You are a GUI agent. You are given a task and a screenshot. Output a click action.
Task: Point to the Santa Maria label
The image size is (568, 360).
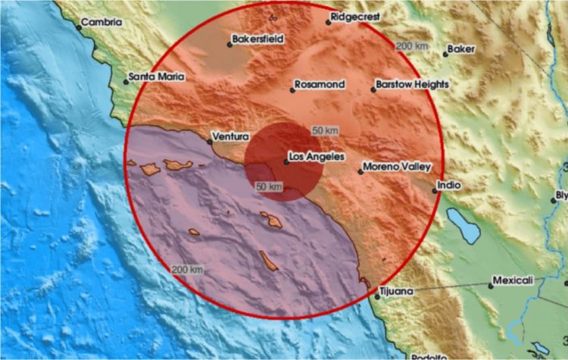156,76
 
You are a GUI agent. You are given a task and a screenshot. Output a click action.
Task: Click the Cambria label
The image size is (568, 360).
101,22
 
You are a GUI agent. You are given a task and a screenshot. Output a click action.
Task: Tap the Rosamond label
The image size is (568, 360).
320,84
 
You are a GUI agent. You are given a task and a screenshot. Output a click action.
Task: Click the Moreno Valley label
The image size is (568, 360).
398,166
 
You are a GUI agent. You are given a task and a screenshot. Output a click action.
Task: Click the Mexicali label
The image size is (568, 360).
513,280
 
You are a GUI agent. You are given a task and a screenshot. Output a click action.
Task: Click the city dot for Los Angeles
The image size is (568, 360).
286,161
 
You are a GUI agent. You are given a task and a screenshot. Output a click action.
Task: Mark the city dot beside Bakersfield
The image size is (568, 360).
229,44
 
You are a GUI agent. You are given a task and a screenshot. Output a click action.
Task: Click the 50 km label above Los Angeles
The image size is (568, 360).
325,131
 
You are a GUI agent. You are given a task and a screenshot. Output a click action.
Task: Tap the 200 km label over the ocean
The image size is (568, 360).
186,269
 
